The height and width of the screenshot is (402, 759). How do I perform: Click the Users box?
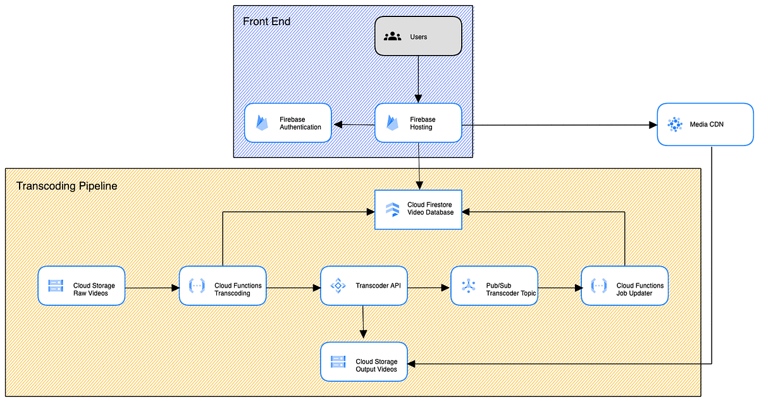tap(418, 36)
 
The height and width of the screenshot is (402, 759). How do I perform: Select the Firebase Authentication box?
tap(288, 123)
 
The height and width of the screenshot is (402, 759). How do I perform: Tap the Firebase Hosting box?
tap(418, 123)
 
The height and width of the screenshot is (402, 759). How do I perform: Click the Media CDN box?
tap(705, 125)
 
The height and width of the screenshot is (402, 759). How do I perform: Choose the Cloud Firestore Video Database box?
tap(418, 209)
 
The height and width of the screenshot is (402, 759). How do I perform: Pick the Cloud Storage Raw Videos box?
tap(80, 286)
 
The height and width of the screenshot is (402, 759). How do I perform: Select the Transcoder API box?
tap(364, 286)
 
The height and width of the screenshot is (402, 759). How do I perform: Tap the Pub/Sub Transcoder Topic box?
tap(494, 286)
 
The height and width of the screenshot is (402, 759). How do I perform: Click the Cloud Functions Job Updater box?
tap(624, 286)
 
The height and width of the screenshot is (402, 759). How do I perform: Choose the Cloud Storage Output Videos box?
tap(364, 362)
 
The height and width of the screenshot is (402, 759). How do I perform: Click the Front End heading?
tap(267, 21)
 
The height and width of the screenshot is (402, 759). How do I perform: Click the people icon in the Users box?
tap(393, 36)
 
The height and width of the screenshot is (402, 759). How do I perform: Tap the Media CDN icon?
tap(676, 125)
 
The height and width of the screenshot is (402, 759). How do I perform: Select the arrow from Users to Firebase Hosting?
tap(418, 79)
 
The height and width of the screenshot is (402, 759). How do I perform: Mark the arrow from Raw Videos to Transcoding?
tap(151, 288)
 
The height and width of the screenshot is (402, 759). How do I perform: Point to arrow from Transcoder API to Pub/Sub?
tap(429, 288)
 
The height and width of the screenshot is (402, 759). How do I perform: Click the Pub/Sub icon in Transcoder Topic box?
tap(468, 286)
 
